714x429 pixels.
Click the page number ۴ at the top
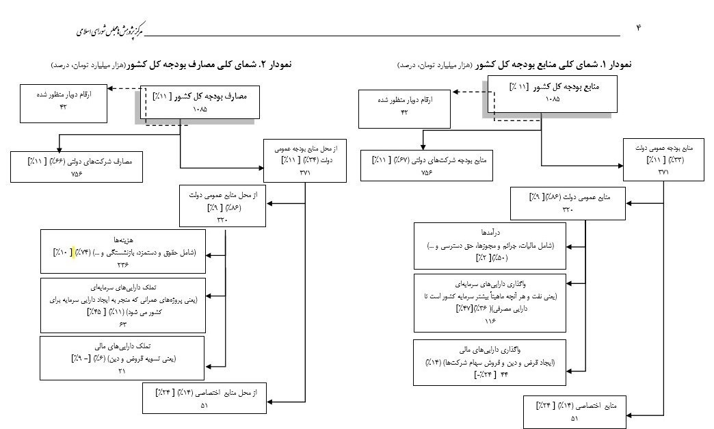tap(639, 27)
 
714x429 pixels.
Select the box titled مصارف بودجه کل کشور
tap(198, 103)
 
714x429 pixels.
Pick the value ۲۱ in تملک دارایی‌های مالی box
tap(123, 370)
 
